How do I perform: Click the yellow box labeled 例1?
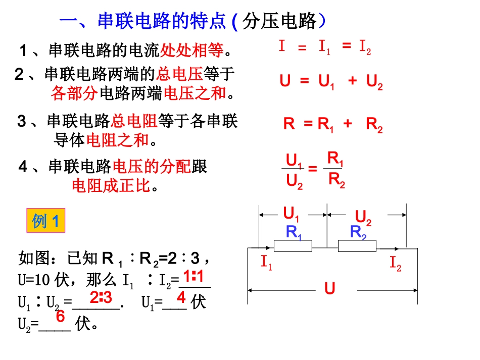pos(45,221)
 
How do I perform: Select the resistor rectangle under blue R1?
pos(293,246)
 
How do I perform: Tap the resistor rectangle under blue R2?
pos(357,246)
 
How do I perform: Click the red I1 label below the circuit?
pos(266,263)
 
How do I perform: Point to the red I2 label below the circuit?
pos(395,263)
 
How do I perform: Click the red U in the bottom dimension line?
pos(330,289)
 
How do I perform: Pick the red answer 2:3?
pos(101,297)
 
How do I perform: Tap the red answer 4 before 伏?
pos(181,297)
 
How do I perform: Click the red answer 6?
pos(60,317)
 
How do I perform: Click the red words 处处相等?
pos(191,50)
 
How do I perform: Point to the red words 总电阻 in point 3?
pos(134,121)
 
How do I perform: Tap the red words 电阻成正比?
pos(112,186)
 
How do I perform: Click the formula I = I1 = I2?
pos(324,48)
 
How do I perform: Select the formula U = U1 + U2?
pos(331,82)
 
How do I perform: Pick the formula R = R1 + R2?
pos(332,124)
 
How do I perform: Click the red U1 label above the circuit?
pos(292,213)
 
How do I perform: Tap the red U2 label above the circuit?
pos(363,218)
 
